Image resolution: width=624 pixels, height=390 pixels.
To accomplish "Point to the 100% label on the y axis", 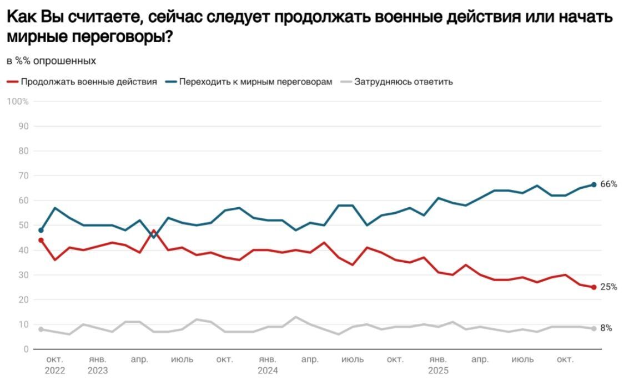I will click(x=18, y=102).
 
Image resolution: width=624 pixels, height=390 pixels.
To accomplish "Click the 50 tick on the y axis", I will click(x=23, y=225).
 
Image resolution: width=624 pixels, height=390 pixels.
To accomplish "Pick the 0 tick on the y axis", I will click(x=26, y=349).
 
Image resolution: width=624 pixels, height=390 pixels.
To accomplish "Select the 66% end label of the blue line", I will click(x=608, y=184).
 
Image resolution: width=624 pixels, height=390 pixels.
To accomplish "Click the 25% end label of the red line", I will click(x=608, y=287).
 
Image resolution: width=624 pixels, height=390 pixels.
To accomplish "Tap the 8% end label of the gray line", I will click(x=606, y=328).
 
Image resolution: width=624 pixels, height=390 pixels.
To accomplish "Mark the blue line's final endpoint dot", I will click(x=593, y=184).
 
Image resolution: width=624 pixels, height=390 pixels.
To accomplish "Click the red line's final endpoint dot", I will click(x=593, y=287).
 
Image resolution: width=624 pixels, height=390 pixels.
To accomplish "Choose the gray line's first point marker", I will click(x=41, y=329).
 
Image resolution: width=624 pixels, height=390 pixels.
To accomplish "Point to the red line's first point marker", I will click(x=41, y=240).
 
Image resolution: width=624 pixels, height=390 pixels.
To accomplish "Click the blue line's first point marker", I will click(x=41, y=230).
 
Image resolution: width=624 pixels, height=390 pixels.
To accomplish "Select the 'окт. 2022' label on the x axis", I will click(x=55, y=365).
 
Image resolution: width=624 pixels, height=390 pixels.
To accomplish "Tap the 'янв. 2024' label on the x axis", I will click(x=268, y=365).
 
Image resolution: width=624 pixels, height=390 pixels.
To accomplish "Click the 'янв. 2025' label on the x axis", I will click(x=437, y=365).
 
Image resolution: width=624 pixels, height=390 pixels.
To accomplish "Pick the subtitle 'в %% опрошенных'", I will click(x=51, y=61).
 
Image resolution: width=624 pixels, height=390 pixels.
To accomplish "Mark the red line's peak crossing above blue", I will click(x=154, y=231).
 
